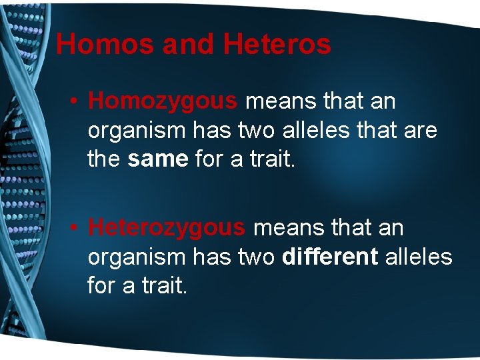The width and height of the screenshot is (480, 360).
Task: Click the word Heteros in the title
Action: pyautogui.click(x=277, y=45)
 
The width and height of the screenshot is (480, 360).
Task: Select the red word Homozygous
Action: pyautogui.click(x=163, y=102)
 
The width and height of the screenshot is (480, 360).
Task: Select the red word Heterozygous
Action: pyautogui.click(x=167, y=228)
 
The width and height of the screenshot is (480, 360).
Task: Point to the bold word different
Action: pyautogui.click(x=330, y=257)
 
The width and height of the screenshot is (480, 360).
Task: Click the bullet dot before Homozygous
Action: pyautogui.click(x=77, y=102)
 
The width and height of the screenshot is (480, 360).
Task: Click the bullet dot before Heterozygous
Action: pyautogui.click(x=77, y=228)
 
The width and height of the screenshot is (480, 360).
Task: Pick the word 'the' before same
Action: pyautogui.click(x=103, y=159)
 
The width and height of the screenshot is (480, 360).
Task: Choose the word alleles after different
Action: pyautogui.click(x=419, y=257)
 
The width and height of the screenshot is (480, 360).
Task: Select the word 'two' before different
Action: pyautogui.click(x=257, y=257)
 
